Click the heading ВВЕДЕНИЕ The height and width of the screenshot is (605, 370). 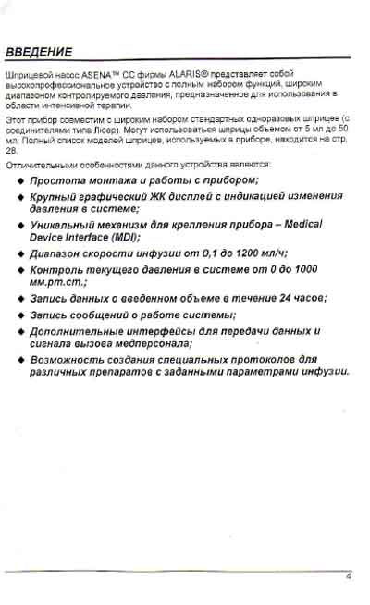38,51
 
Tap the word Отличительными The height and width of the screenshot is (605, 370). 34,164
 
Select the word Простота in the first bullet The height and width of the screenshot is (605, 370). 59,179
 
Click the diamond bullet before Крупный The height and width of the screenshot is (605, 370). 21,198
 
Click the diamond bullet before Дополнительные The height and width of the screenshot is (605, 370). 21,331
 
